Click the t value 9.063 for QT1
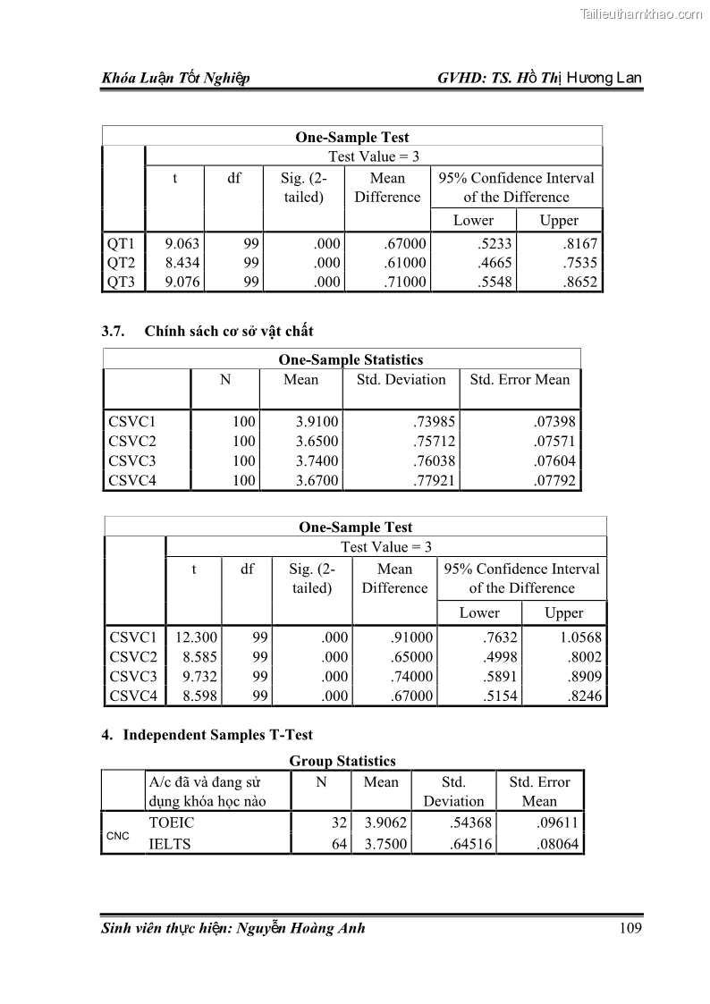[x=182, y=244]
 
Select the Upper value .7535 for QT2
[x=578, y=263]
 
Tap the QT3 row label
[x=121, y=283]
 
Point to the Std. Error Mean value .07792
[x=551, y=481]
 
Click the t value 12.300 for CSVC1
[x=196, y=637]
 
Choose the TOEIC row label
[x=171, y=823]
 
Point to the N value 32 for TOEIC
[x=339, y=823]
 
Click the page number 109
[x=630, y=928]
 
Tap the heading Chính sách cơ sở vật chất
[x=229, y=332]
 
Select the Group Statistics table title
[x=342, y=762]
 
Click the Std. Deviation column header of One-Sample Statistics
[x=401, y=380]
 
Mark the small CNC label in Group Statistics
[x=118, y=836]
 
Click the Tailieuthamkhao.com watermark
[x=641, y=13]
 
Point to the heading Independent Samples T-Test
[x=217, y=735]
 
